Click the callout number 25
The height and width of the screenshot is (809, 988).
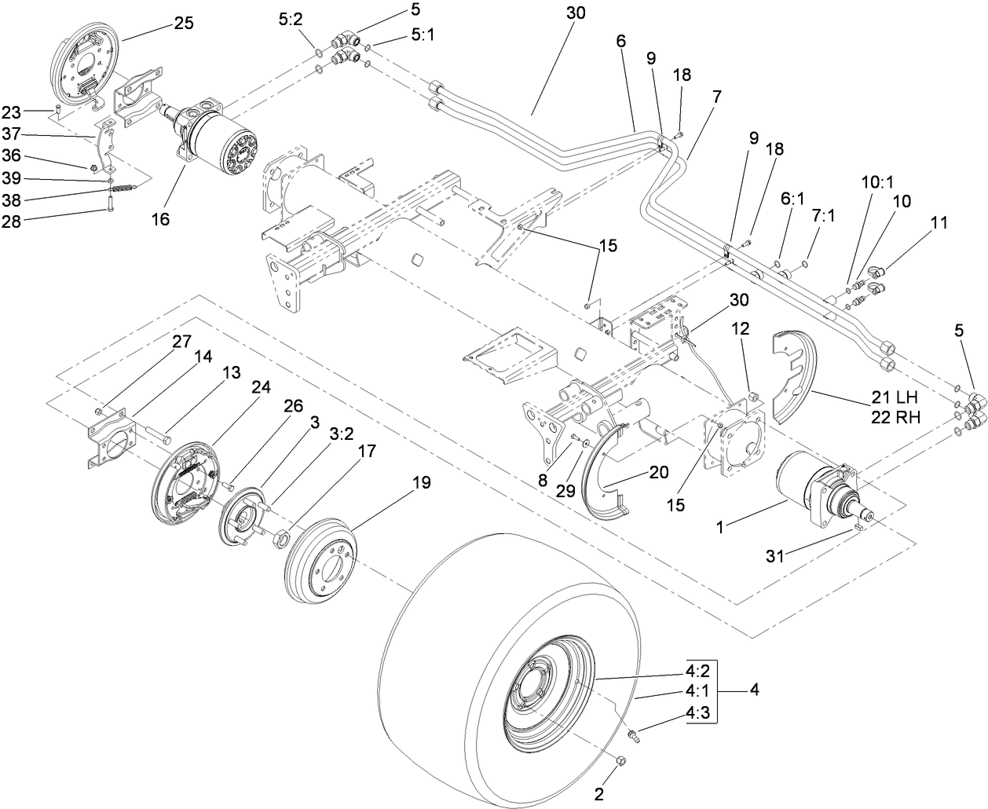tap(183, 24)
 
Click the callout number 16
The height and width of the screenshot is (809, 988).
tap(160, 220)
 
